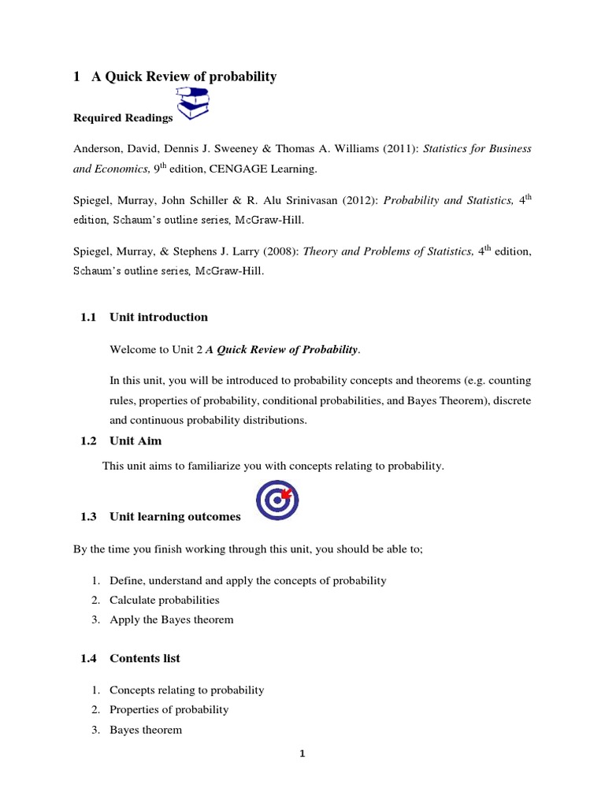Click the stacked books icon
[x=193, y=105]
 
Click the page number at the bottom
[x=302, y=753]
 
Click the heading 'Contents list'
[x=145, y=658]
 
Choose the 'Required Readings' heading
[x=123, y=118]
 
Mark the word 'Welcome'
[x=134, y=349]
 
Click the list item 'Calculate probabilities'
[x=165, y=600]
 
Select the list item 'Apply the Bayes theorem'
[x=172, y=619]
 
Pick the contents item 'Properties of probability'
[x=169, y=709]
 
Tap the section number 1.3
[x=87, y=517]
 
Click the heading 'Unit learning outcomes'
[x=175, y=517]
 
